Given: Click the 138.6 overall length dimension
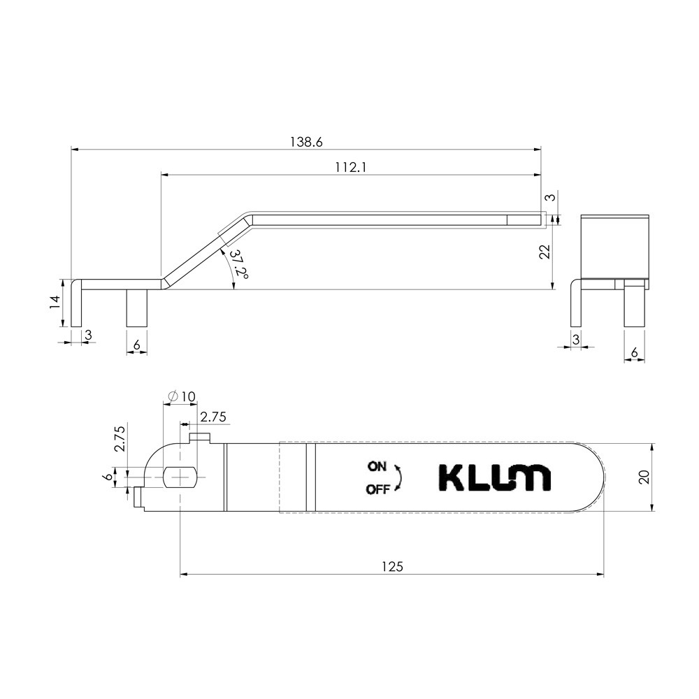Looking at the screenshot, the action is click(x=306, y=142).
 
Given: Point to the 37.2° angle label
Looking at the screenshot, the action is click(x=239, y=264).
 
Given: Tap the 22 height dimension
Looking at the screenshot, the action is click(x=545, y=252).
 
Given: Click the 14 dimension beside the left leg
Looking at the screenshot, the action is click(x=55, y=303).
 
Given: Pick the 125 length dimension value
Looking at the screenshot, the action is click(x=392, y=567).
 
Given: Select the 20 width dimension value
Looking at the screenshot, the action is click(x=645, y=477).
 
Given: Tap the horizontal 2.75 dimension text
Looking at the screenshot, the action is click(x=213, y=417).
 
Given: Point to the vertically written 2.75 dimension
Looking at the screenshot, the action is click(x=120, y=439).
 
